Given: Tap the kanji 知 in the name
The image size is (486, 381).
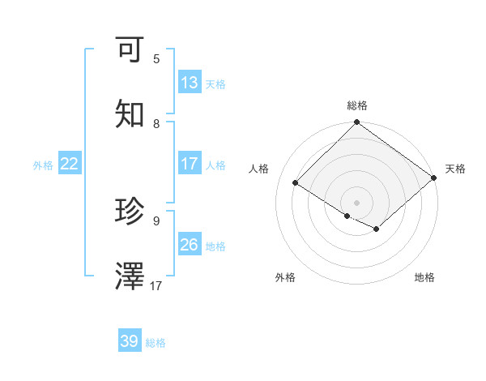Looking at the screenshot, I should click(130, 115).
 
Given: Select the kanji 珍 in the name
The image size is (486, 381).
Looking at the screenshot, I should click(130, 212).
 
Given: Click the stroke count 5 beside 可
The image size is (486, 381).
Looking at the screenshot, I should click(156, 58).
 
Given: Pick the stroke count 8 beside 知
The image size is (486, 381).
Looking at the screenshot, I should click(156, 123).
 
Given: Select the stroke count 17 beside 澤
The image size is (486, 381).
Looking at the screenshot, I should click(156, 285).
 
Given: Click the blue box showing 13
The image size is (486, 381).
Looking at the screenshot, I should click(190, 83).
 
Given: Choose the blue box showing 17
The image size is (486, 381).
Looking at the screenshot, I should click(190, 164).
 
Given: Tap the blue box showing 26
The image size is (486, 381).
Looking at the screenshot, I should click(190, 245).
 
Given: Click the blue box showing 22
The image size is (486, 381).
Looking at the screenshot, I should click(70, 164).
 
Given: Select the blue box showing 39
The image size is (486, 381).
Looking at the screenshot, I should click(130, 341).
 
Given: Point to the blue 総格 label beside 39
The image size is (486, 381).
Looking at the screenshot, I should click(156, 343).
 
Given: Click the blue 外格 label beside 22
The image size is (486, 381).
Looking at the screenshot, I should click(43, 165).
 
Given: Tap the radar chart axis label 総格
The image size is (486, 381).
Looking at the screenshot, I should click(357, 105).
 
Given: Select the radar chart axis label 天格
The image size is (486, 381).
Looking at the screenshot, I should click(455, 169).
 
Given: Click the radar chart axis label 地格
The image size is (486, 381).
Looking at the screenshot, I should click(424, 277).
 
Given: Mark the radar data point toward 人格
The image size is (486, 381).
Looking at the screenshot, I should click(296, 183).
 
